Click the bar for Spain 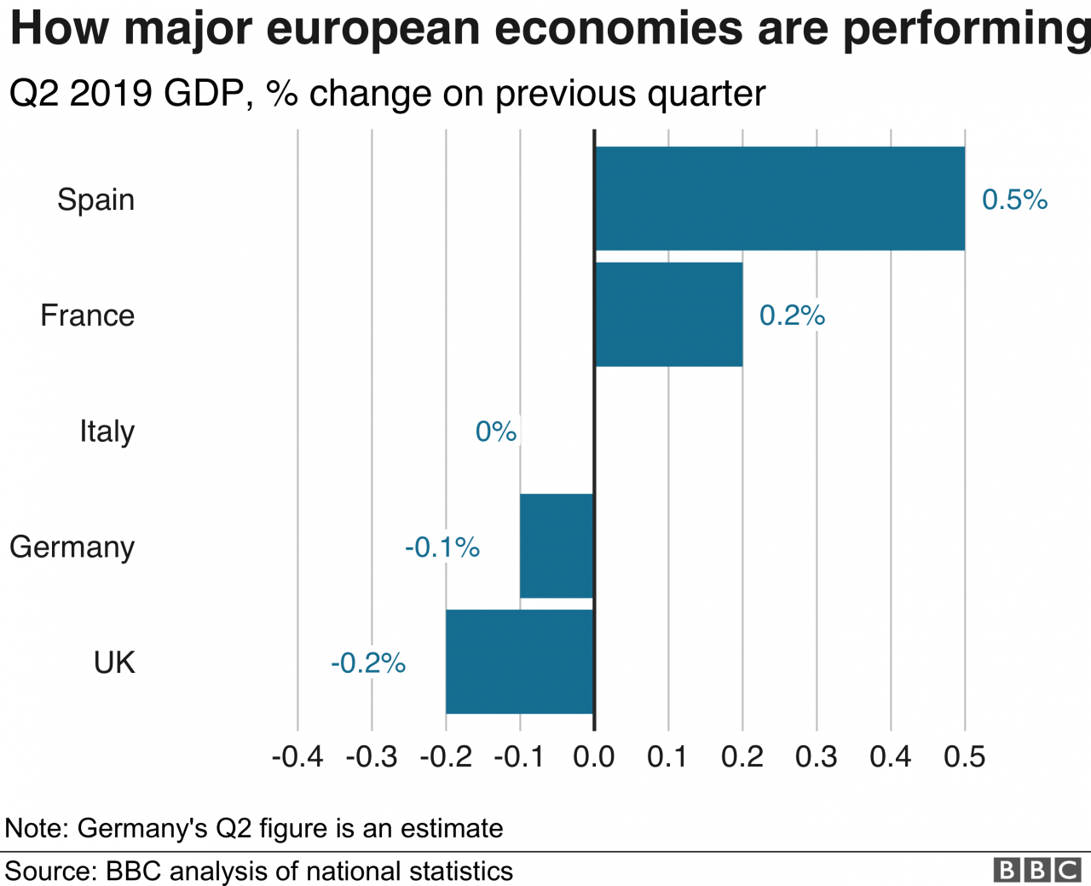click(x=780, y=199)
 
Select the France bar click(x=669, y=315)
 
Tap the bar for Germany click(x=557, y=546)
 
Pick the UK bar click(x=519, y=662)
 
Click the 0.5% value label click(x=1014, y=200)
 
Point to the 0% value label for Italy click(x=496, y=431)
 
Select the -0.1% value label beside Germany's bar click(x=442, y=547)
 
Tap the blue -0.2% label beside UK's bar click(x=368, y=663)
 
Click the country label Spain click(x=95, y=200)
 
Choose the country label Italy click(x=107, y=431)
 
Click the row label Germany click(x=72, y=547)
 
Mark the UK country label click(x=114, y=662)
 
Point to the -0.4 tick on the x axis click(x=297, y=757)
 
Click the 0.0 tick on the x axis click(x=593, y=757)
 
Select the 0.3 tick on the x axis click(x=817, y=757)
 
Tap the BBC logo click(x=1038, y=870)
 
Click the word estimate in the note click(x=452, y=828)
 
